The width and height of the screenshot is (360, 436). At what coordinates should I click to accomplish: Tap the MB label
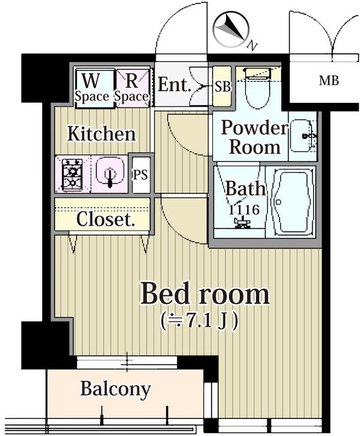point(329,82)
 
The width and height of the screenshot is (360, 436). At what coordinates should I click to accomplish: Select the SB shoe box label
point(222,87)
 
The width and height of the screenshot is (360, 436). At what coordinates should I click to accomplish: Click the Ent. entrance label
point(174,84)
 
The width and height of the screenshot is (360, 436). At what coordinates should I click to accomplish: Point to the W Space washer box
point(92,87)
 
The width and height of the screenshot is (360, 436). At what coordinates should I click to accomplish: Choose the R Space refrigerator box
point(131,87)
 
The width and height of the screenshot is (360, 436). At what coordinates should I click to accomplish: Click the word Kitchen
point(101,134)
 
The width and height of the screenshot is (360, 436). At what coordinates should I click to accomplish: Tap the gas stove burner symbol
point(72,173)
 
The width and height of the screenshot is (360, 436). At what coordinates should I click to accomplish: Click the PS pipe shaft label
point(140,174)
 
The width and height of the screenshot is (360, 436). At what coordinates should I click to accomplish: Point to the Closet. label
point(103,219)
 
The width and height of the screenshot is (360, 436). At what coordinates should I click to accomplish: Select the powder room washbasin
point(302,136)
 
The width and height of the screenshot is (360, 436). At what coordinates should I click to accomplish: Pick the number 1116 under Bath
point(243,210)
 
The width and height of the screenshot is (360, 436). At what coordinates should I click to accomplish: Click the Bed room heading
point(204,294)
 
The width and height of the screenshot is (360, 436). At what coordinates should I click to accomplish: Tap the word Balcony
point(116,390)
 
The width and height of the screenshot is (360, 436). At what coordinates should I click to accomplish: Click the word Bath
point(241,189)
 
